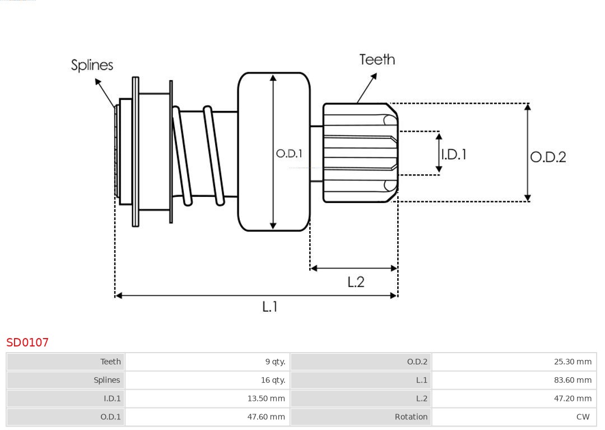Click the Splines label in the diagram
(92, 65)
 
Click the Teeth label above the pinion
(377, 59)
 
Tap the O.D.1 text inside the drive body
(289, 153)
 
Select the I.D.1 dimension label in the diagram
(454, 154)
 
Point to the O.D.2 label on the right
(548, 157)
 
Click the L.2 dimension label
(356, 281)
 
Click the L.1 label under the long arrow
(270, 307)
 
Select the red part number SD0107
(27, 343)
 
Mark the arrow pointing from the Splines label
(105, 93)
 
